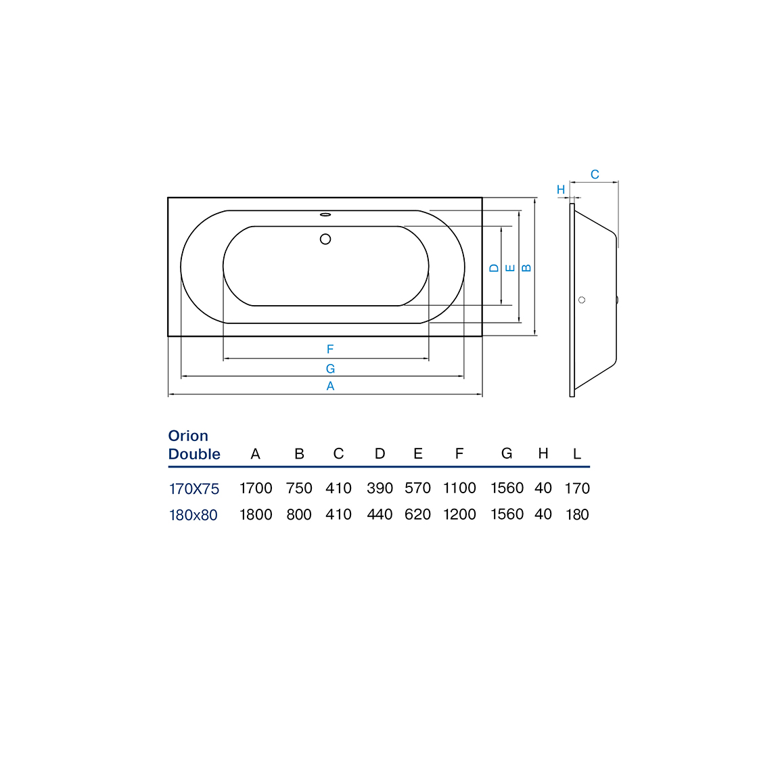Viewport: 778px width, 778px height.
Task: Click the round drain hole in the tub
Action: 325,239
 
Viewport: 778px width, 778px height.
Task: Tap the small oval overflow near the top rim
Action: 325,215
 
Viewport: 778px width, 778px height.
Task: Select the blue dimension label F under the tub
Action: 330,349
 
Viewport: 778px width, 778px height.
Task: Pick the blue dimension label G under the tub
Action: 330,369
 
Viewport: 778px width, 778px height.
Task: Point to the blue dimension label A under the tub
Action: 330,386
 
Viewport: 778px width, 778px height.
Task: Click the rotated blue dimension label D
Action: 494,268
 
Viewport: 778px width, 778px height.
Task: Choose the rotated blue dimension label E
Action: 510,268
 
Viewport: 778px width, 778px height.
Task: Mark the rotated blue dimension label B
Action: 527,268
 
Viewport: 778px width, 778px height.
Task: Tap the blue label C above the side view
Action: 595,175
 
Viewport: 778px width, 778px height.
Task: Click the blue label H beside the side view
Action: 561,189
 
